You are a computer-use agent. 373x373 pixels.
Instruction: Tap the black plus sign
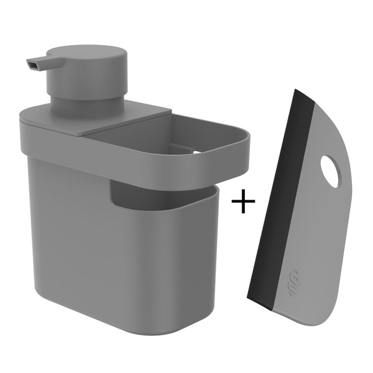[242, 202]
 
